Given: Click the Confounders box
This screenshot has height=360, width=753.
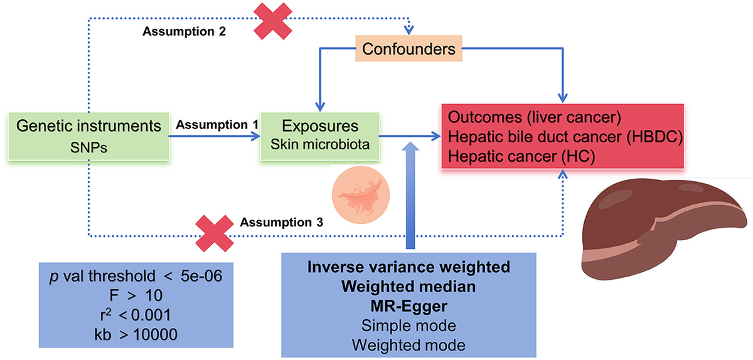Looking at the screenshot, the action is (409, 49).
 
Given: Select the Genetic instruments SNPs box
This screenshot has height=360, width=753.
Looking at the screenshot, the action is (88, 136).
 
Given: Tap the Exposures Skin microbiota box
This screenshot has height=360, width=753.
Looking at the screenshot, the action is (320, 136).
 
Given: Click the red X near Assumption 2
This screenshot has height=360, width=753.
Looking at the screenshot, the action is (272, 21).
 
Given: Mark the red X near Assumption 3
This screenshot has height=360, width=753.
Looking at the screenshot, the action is (215, 233).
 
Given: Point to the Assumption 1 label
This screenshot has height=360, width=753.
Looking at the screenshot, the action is (217, 125).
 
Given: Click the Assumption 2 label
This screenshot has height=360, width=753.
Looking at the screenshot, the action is (184, 31).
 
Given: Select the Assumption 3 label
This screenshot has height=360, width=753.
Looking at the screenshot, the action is (281, 222).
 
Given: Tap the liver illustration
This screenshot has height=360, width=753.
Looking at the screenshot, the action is (664, 228).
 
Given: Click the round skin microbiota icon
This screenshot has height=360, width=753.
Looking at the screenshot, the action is (361, 195).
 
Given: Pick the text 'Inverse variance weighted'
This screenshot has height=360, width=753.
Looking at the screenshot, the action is (409, 267).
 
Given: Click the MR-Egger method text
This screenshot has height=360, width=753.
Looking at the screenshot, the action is (409, 306).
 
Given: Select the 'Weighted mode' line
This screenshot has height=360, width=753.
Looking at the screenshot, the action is (409, 345).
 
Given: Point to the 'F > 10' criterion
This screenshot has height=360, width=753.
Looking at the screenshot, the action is (136, 295).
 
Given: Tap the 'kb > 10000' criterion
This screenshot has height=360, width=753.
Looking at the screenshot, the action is (136, 334).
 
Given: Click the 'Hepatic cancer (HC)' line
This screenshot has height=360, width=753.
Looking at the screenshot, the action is (521, 157).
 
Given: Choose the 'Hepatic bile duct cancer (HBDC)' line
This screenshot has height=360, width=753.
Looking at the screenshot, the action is (565, 137).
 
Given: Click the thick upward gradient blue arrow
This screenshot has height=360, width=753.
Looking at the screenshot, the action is (410, 195).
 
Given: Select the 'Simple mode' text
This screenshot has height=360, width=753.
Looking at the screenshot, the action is (409, 326).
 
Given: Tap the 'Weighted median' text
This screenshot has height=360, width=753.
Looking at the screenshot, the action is (409, 287).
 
